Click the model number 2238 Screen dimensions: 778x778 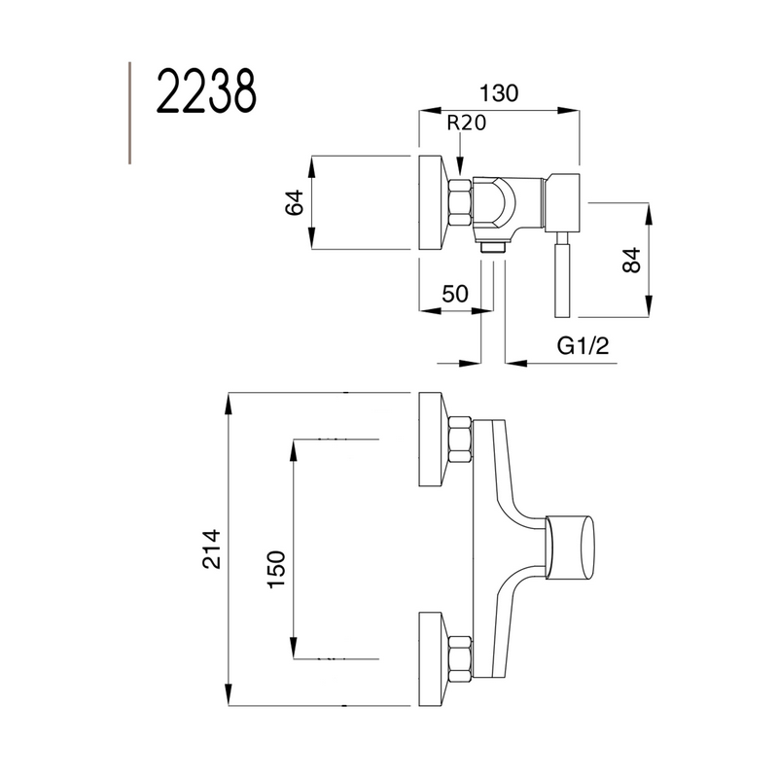(x=206, y=93)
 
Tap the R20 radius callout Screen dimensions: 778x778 (x=466, y=124)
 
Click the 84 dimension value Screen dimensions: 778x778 (x=631, y=260)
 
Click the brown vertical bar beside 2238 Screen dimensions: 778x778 (x=129, y=111)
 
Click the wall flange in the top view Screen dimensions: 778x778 (x=432, y=202)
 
